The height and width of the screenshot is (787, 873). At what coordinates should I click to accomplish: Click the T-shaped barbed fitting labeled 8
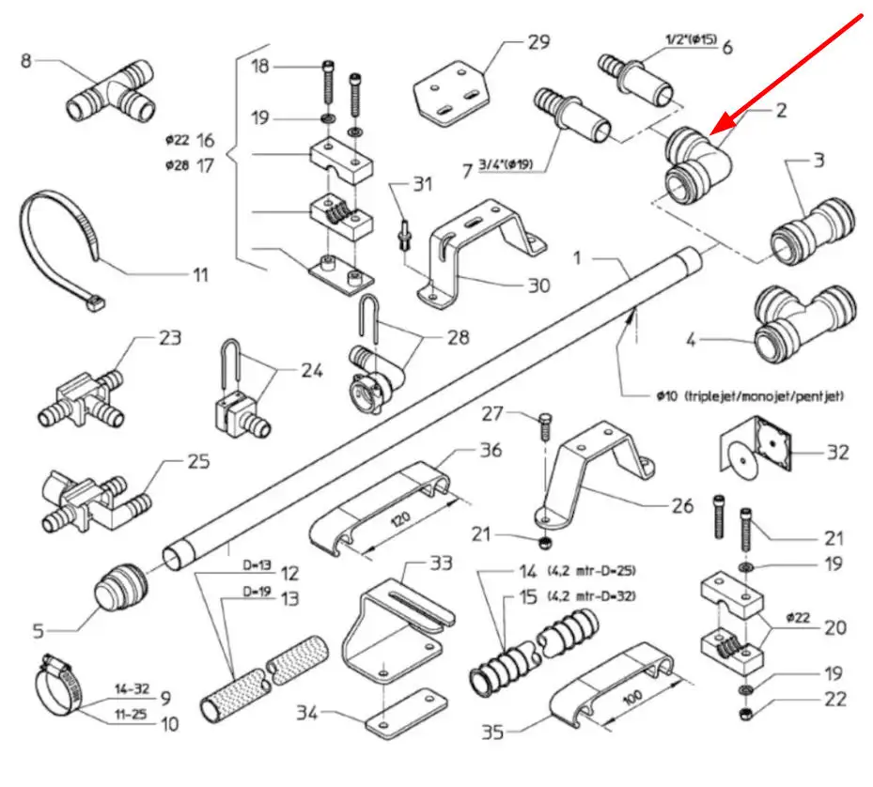[x=111, y=93]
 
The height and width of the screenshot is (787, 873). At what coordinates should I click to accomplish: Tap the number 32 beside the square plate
[x=836, y=453]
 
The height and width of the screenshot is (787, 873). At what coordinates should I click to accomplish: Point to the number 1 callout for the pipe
[x=579, y=256]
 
